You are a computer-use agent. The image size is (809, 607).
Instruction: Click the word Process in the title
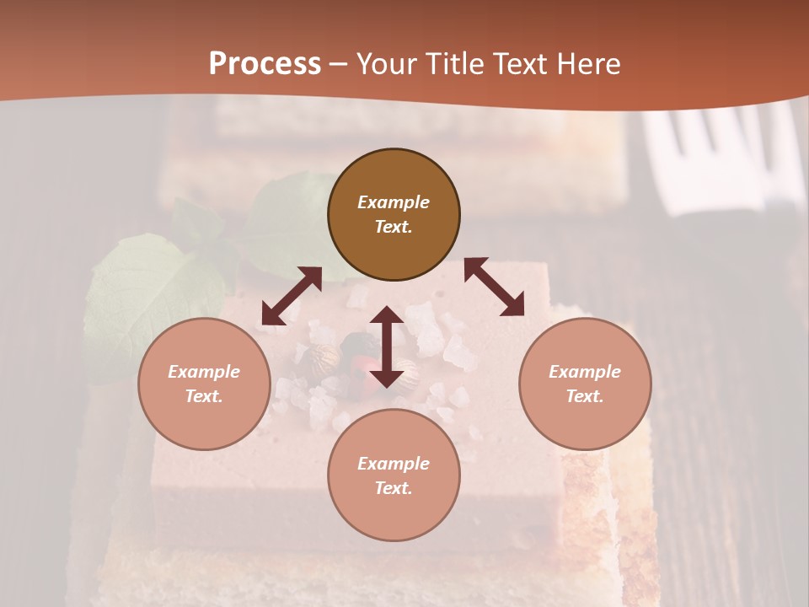tap(265, 64)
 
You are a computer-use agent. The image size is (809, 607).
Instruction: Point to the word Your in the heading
tap(388, 64)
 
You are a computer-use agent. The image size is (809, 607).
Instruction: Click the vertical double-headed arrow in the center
tap(387, 346)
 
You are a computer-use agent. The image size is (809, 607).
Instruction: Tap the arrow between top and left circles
tap(292, 296)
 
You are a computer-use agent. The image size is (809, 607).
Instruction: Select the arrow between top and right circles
tap(494, 287)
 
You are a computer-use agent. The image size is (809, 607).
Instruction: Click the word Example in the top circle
tap(394, 202)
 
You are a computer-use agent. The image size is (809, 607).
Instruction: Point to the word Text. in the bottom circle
tap(394, 488)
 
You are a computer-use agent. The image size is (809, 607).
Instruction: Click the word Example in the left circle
tap(204, 372)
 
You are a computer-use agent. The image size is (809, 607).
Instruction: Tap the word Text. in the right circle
tap(585, 396)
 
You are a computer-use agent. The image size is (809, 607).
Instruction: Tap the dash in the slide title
tap(339, 65)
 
